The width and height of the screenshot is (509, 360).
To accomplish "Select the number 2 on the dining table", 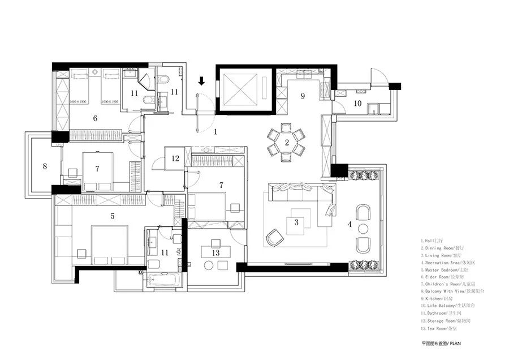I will tap(287, 142).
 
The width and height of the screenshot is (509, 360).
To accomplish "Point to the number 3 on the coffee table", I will tap(296, 222).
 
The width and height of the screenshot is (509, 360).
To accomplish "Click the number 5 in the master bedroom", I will tap(113, 216).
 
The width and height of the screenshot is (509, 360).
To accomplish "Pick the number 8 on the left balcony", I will tap(44, 166).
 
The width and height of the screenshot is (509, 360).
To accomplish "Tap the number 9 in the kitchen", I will tap(303, 96).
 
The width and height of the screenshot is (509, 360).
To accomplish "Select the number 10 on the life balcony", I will tap(357, 103).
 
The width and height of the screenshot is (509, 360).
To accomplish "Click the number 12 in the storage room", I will tap(176, 158).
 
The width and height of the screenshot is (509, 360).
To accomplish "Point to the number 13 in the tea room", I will tap(215, 252).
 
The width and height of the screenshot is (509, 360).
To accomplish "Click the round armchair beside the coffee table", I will tap(275, 238).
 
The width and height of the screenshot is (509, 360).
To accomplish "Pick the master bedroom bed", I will tap(109, 245).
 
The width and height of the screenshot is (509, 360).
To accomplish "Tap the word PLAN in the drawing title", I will tap(460, 343).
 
